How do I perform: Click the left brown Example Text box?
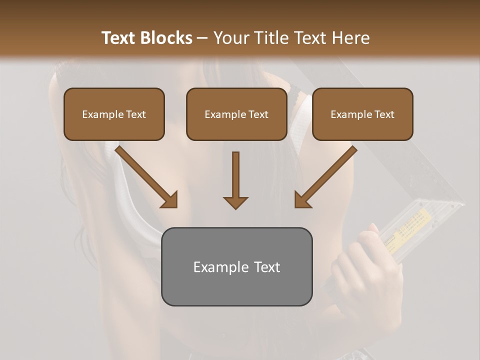(114, 114)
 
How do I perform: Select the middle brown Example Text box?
(236, 114)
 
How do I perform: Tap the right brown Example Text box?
(362, 114)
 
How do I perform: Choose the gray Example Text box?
(236, 266)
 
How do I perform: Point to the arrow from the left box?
(146, 176)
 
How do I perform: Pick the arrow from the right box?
(325, 176)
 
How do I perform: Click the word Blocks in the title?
(167, 38)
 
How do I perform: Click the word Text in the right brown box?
(384, 114)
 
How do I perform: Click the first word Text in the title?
(119, 38)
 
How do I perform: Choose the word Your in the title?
(230, 38)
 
